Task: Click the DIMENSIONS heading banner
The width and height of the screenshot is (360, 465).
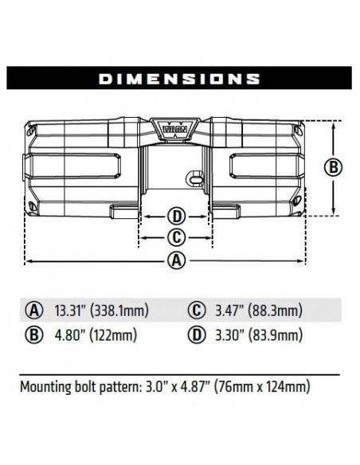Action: click(179, 78)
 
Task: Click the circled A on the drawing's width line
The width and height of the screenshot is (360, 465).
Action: click(178, 260)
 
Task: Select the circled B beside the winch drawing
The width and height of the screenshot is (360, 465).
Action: click(335, 167)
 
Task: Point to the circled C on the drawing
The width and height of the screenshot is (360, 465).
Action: click(177, 236)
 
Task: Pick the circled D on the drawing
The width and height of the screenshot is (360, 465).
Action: click(177, 216)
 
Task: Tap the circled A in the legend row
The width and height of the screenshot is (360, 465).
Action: click(33, 310)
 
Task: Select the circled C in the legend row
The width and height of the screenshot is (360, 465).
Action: click(195, 310)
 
